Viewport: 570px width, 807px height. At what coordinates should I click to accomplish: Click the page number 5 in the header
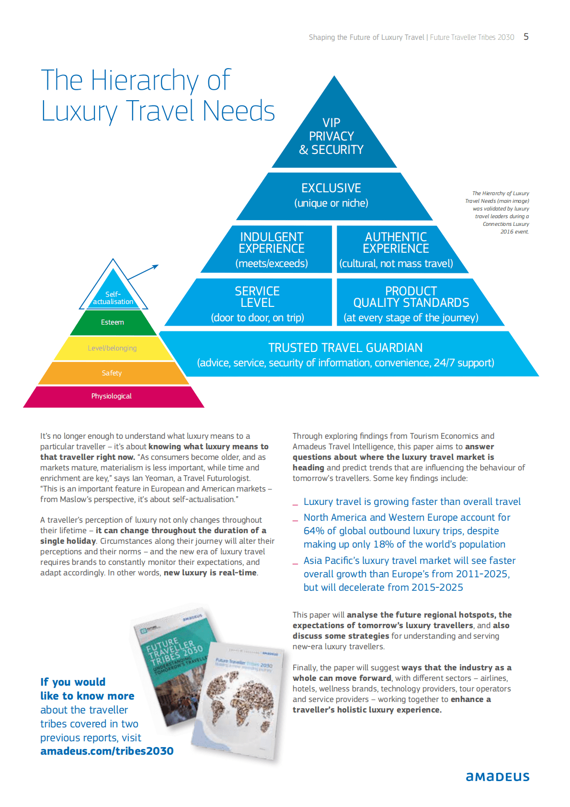[x=526, y=37]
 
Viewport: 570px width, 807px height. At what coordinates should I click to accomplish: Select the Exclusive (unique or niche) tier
[x=331, y=195]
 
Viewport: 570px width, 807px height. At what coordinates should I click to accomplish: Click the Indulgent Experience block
[x=272, y=249]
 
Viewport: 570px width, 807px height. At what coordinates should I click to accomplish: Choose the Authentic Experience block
[x=396, y=249]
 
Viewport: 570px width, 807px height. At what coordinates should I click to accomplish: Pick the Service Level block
[x=257, y=304]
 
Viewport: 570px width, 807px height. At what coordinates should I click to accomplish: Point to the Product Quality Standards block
[x=411, y=304]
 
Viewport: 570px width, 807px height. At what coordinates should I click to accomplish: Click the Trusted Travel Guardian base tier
[x=345, y=354]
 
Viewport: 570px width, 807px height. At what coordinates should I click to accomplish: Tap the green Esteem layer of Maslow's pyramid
[x=113, y=323]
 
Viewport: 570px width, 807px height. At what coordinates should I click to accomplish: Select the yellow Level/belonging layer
[x=112, y=348]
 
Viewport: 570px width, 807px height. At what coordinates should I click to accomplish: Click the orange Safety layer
[x=112, y=373]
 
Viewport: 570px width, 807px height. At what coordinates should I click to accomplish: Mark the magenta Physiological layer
[x=112, y=397]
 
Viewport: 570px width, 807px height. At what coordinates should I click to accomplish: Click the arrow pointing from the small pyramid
[x=144, y=272]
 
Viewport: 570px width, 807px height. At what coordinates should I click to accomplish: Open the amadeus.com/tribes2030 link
[x=107, y=751]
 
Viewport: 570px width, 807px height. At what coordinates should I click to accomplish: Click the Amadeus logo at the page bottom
[x=498, y=777]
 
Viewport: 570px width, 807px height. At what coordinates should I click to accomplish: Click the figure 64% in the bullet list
[x=313, y=531]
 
